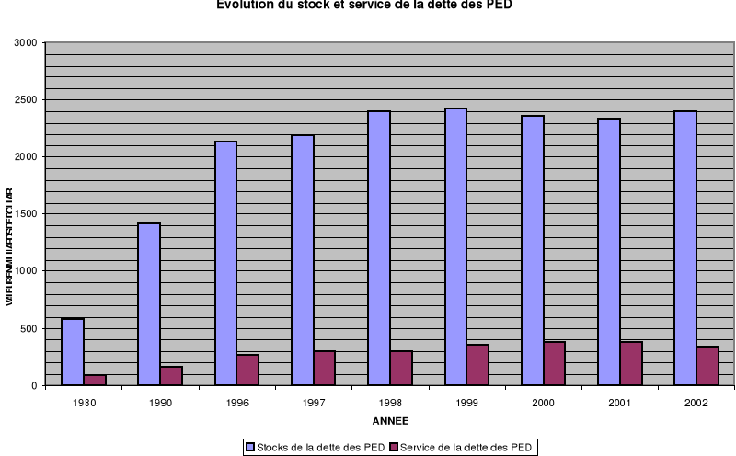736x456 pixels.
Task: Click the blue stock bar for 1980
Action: (x=73, y=352)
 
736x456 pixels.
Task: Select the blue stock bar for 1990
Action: (x=149, y=304)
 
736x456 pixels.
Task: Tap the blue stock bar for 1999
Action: (x=455, y=247)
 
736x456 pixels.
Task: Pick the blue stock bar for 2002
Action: (x=685, y=248)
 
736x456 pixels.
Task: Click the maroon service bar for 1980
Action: (x=95, y=380)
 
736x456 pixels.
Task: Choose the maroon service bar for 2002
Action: (x=707, y=366)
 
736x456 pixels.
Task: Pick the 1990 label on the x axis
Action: (x=160, y=403)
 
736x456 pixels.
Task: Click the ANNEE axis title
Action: (x=390, y=421)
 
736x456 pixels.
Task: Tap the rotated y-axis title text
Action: (x=9, y=247)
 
